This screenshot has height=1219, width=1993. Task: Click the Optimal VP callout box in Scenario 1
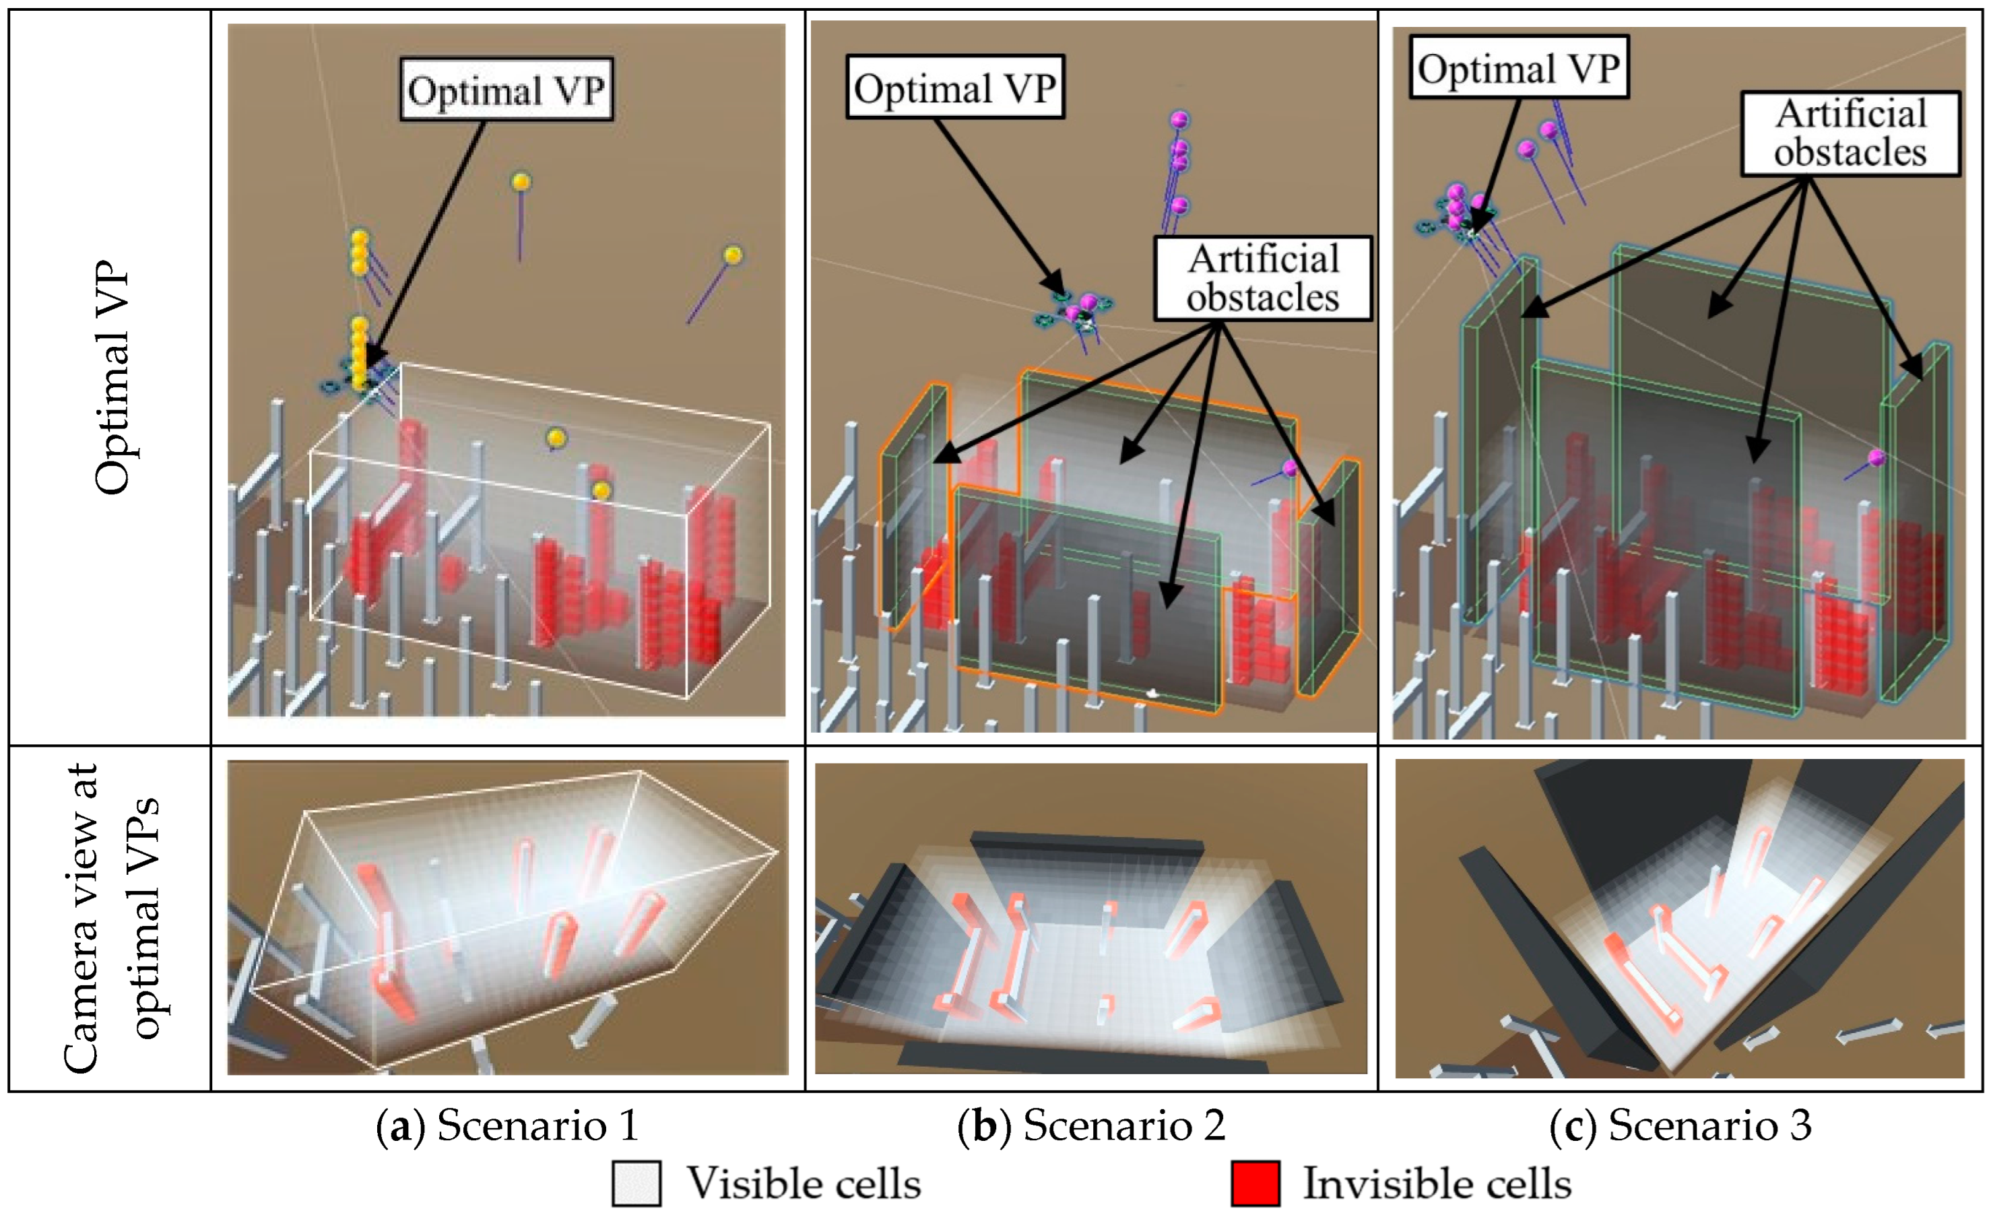(x=507, y=89)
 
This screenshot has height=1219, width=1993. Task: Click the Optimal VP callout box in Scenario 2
(x=954, y=88)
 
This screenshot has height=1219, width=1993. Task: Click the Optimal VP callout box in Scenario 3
(x=1518, y=68)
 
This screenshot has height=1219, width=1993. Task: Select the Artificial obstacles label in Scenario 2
(x=1263, y=278)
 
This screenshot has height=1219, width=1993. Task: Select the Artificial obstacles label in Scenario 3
(x=1850, y=133)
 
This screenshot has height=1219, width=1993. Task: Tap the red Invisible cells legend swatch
(x=1255, y=1183)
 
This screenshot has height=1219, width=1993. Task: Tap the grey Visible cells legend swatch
(x=636, y=1183)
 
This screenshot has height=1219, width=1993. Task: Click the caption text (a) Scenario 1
(x=507, y=1125)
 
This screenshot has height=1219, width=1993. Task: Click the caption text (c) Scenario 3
(x=1680, y=1125)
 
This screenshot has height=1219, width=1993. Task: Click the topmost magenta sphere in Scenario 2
(x=1179, y=121)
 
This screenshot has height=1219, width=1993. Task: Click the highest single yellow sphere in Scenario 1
(x=522, y=182)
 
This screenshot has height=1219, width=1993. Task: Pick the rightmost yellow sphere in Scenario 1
(x=732, y=256)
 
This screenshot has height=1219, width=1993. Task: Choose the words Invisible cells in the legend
(x=1437, y=1183)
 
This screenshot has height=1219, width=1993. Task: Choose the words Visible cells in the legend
(x=803, y=1183)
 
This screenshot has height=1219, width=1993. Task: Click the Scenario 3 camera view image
(x=1679, y=918)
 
